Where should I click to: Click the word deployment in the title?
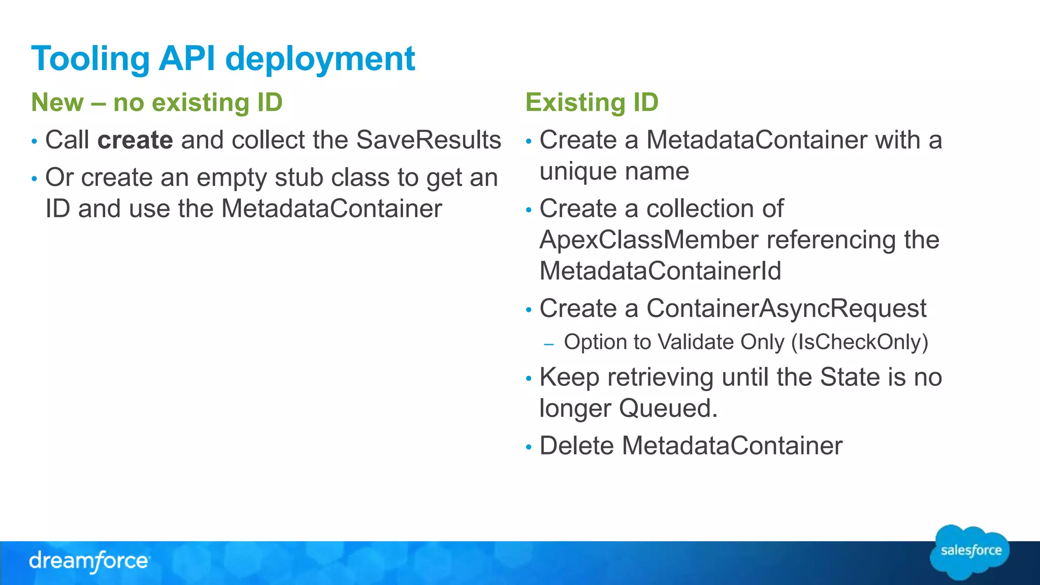(x=320, y=59)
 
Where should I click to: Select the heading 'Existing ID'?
(x=592, y=102)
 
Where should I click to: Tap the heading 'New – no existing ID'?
(x=156, y=102)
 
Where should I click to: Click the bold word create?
(x=135, y=140)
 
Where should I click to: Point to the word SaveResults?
(x=429, y=140)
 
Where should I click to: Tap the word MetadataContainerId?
(x=660, y=271)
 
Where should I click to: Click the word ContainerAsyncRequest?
(x=786, y=308)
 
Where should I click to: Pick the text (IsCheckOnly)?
(x=859, y=342)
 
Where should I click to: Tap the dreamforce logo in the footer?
(x=89, y=561)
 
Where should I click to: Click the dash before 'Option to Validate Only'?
(x=548, y=344)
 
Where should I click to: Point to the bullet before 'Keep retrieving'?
(x=529, y=378)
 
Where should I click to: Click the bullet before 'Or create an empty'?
(x=34, y=179)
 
